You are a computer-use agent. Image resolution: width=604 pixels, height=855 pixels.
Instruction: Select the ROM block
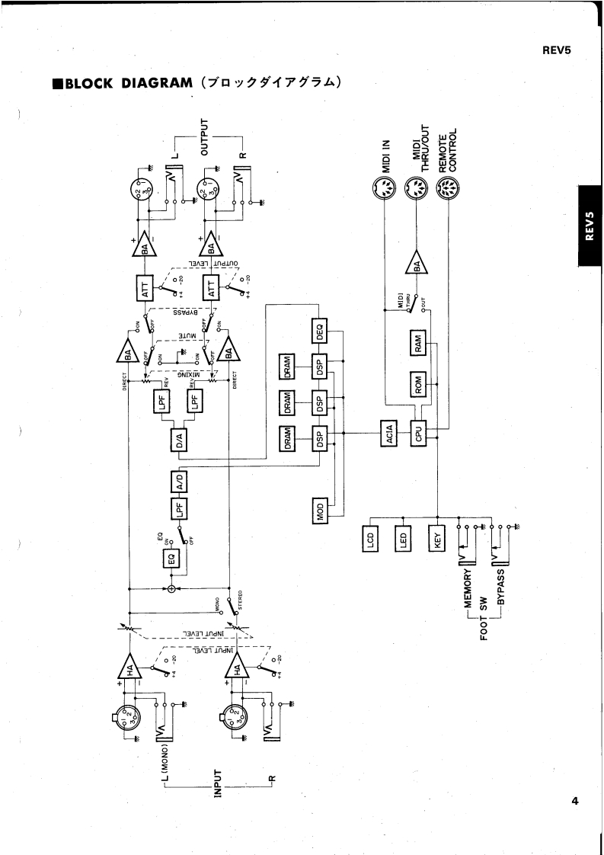(x=418, y=385)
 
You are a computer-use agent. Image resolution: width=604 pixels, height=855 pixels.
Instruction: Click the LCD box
(x=371, y=540)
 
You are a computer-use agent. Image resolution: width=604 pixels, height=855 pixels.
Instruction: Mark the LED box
(x=404, y=540)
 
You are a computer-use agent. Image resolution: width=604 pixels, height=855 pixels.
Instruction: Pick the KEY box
(x=437, y=540)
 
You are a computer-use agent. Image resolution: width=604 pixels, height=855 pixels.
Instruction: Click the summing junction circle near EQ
(x=172, y=589)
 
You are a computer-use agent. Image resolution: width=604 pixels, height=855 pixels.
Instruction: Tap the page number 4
(x=574, y=800)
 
